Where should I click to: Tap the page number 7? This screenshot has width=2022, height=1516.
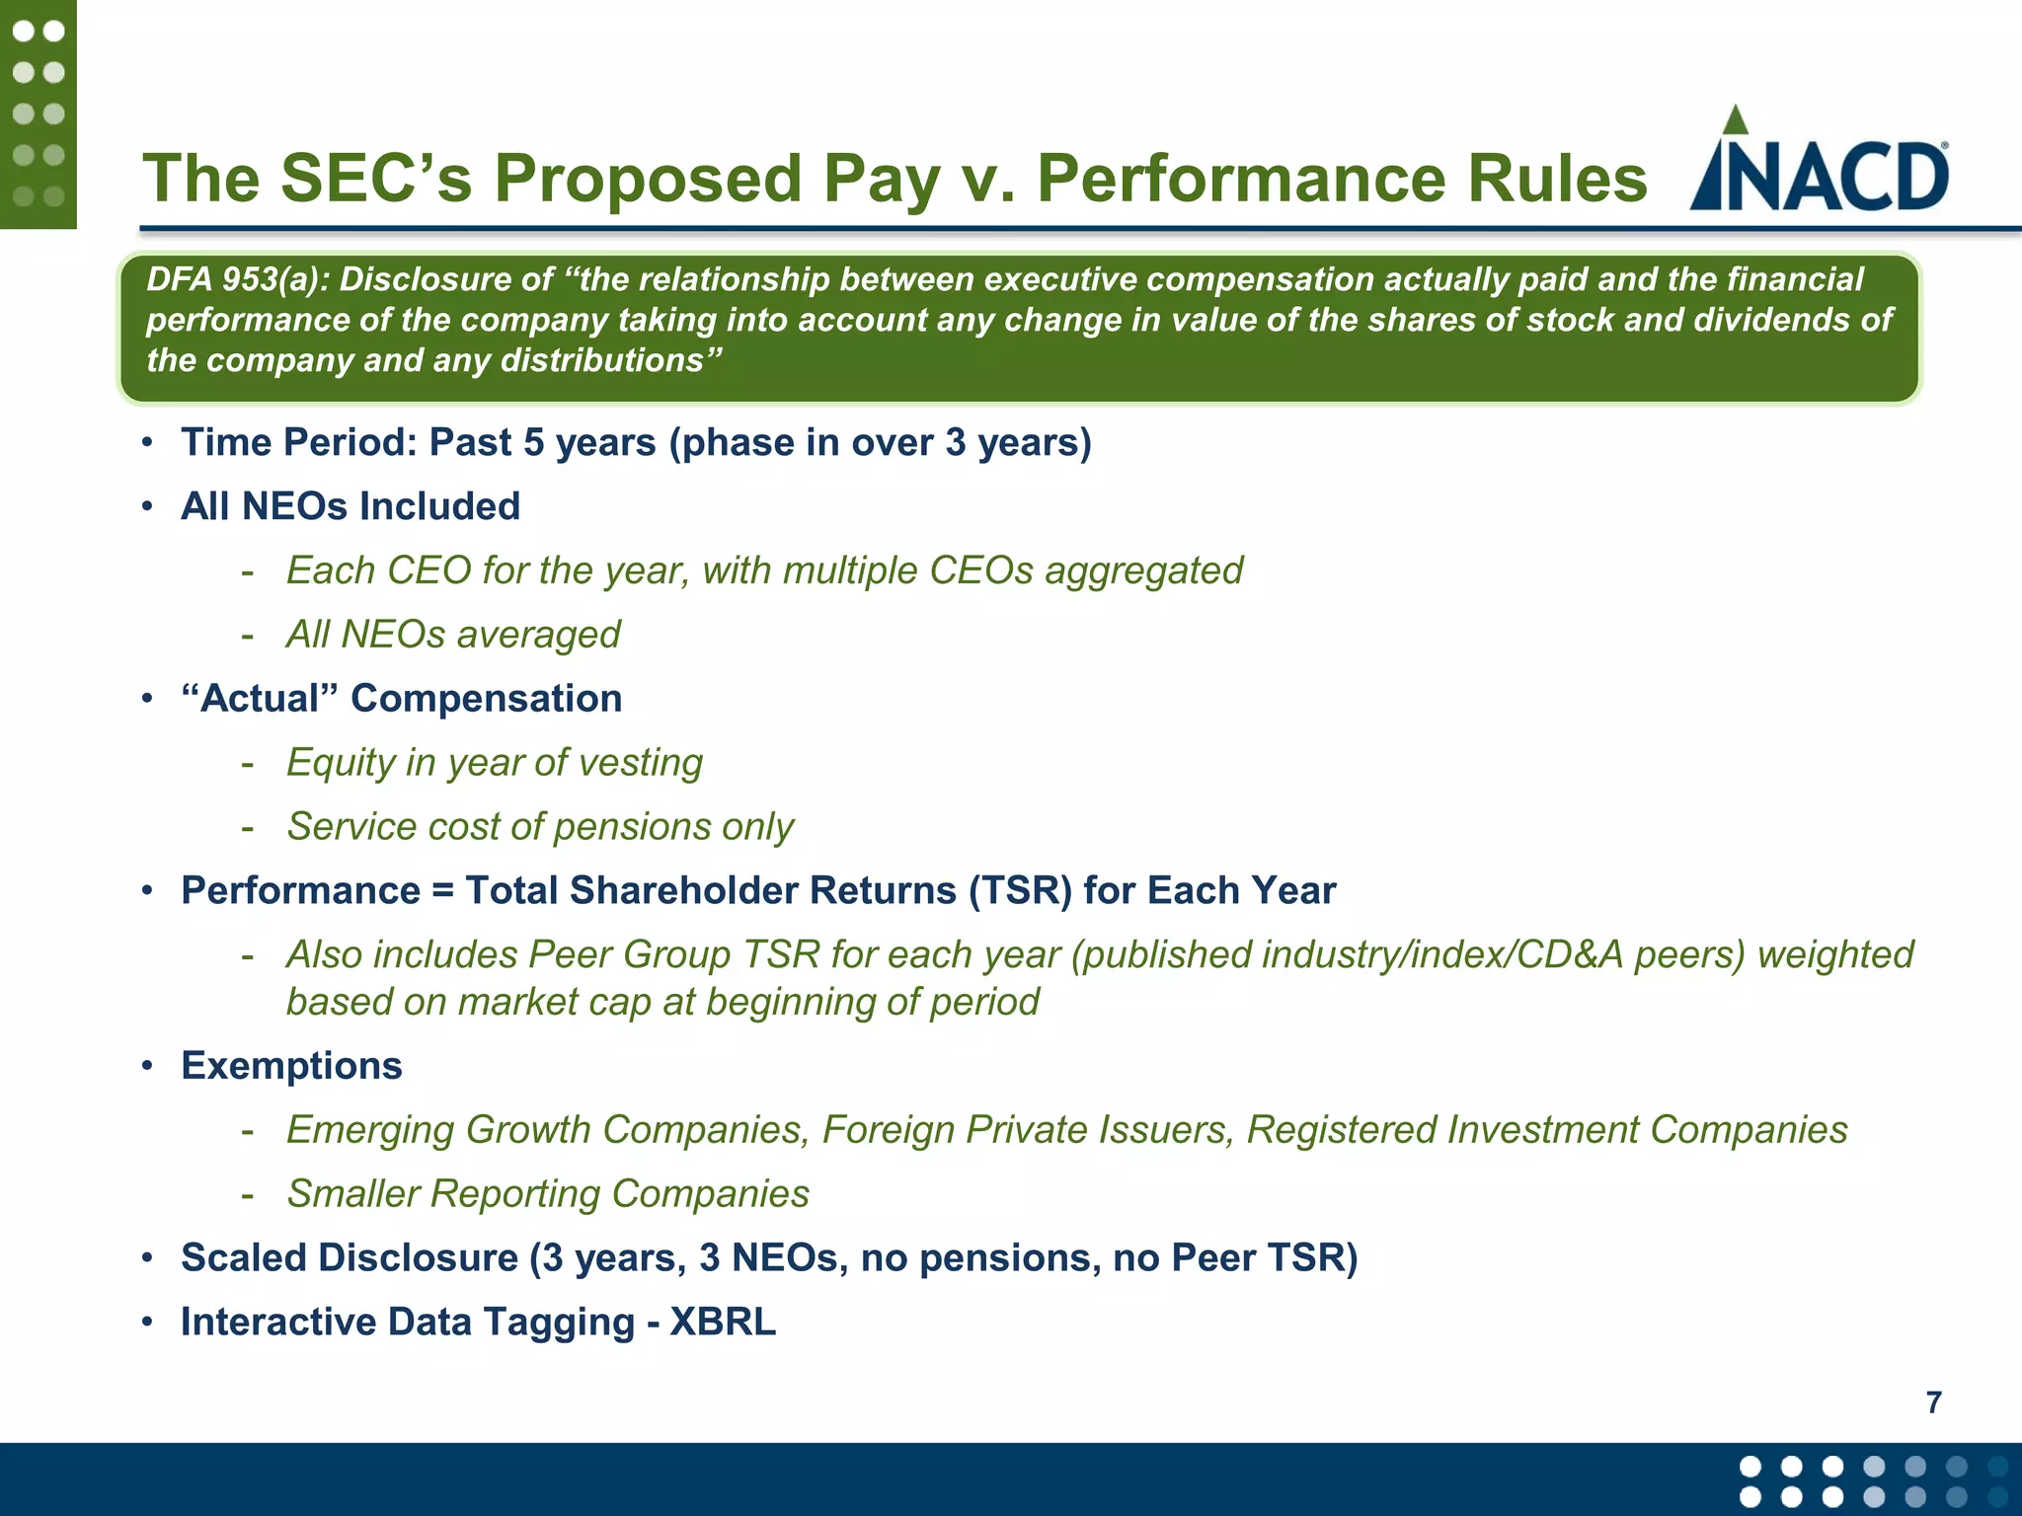pyautogui.click(x=1933, y=1402)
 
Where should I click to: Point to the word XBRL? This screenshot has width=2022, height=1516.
pyautogui.click(x=723, y=1322)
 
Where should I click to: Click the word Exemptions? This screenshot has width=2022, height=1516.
pyautogui.click(x=291, y=1066)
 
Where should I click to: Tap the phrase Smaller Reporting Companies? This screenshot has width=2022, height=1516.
pyautogui.click(x=548, y=1194)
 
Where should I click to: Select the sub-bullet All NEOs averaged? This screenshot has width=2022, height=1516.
pyautogui.click(x=453, y=635)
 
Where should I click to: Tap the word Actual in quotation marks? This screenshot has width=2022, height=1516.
pyautogui.click(x=260, y=699)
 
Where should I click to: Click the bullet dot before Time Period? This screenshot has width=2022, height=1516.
pyautogui.click(x=147, y=443)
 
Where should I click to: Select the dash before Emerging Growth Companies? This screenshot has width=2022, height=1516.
pyautogui.click(x=248, y=1131)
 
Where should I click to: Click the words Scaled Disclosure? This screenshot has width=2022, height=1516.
pyautogui.click(x=350, y=1258)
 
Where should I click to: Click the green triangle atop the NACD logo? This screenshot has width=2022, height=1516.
pyautogui.click(x=1735, y=120)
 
